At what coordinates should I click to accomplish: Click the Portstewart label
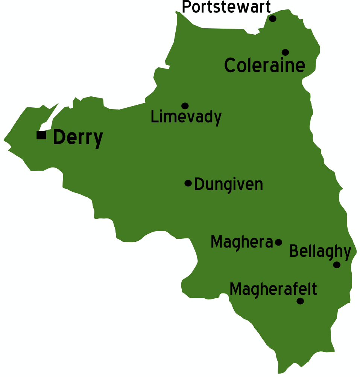pyautogui.click(x=226, y=7)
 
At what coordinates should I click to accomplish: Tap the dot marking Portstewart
pyautogui.click(x=273, y=18)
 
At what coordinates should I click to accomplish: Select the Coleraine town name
pyautogui.click(x=264, y=66)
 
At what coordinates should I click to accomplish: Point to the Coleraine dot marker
pyautogui.click(x=285, y=52)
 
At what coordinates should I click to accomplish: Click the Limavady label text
pyautogui.click(x=186, y=117)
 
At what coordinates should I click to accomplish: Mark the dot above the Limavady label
pyautogui.click(x=185, y=106)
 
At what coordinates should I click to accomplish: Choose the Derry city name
pyautogui.click(x=78, y=137)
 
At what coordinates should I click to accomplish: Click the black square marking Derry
pyautogui.click(x=41, y=135)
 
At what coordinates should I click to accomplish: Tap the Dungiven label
pyautogui.click(x=228, y=185)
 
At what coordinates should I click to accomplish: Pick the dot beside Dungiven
pyautogui.click(x=188, y=183)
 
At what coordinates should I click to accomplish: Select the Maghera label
pyautogui.click(x=242, y=242)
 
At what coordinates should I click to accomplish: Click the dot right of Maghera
pyautogui.click(x=278, y=242)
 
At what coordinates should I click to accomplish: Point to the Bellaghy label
pyautogui.click(x=320, y=251)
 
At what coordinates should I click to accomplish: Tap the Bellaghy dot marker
pyautogui.click(x=337, y=265)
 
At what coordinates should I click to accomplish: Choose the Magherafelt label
pyautogui.click(x=273, y=289)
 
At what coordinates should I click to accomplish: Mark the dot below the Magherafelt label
pyautogui.click(x=300, y=301)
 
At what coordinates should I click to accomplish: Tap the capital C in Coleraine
pyautogui.click(x=231, y=66)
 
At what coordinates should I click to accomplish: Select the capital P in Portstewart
pyautogui.click(x=187, y=7)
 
